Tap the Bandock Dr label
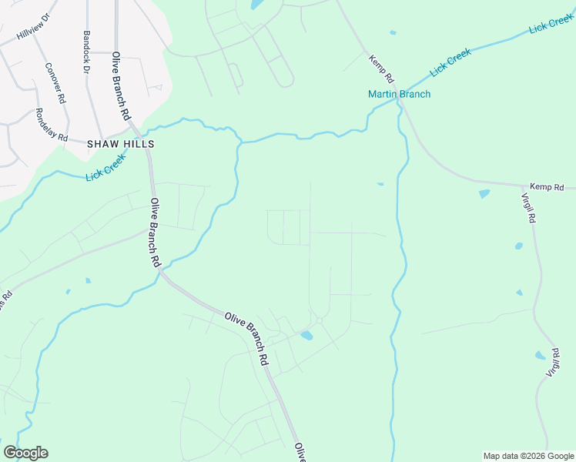[86, 52]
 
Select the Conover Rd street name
[54, 83]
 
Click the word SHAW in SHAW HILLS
[104, 144]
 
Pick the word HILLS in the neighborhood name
[140, 144]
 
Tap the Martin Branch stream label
[399, 95]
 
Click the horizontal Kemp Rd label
[547, 187]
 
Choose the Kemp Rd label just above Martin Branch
[381, 69]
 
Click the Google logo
[25, 453]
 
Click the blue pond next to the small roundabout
[306, 336]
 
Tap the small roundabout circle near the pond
[318, 320]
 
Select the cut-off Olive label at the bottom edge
[300, 452]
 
